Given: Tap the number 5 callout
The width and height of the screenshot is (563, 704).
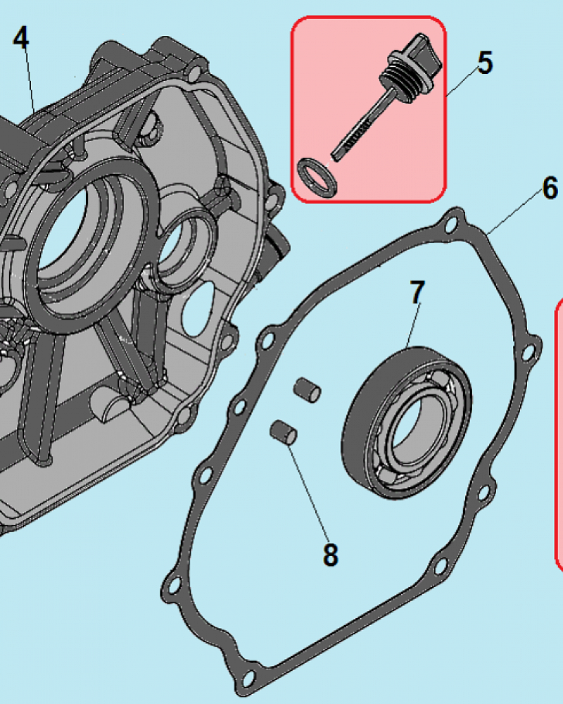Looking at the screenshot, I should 485,63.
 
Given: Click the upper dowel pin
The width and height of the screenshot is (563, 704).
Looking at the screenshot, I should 307,389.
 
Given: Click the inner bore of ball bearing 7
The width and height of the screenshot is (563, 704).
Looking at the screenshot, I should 412,427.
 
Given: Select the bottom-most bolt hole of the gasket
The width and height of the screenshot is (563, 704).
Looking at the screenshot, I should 247,678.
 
